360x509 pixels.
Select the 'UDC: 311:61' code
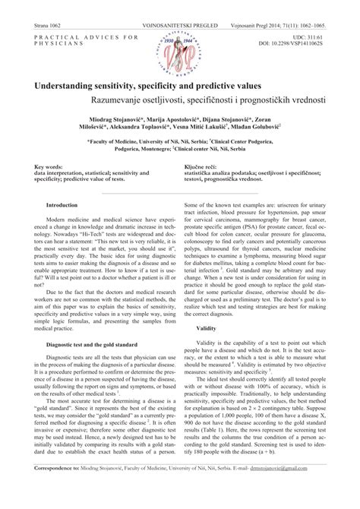(x=314, y=36)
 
